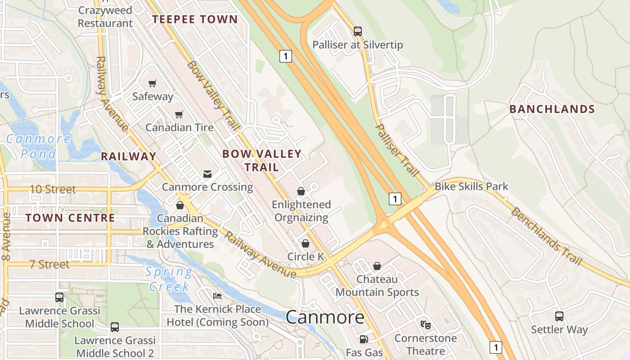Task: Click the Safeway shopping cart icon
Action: click(x=152, y=83)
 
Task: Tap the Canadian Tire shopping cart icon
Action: click(x=179, y=114)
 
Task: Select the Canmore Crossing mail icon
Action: click(x=207, y=174)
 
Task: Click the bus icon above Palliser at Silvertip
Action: click(x=358, y=31)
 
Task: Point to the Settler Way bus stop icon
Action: click(x=559, y=316)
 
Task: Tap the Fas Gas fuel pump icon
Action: click(x=364, y=339)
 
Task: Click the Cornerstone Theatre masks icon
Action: click(x=425, y=324)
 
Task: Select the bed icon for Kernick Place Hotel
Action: click(x=217, y=296)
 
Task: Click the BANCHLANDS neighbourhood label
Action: click(x=552, y=109)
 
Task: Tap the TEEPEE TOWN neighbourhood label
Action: click(x=195, y=19)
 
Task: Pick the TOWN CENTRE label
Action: click(x=70, y=218)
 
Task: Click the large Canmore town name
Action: click(x=325, y=317)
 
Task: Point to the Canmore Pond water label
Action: click(x=38, y=146)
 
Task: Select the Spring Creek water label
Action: click(x=169, y=279)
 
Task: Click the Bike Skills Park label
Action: click(x=471, y=186)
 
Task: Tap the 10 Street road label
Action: click(x=53, y=189)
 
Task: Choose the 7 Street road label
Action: click(x=49, y=264)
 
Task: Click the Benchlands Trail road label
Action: click(x=546, y=237)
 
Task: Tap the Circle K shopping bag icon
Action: click(x=306, y=243)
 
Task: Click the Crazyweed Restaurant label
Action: click(x=105, y=17)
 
